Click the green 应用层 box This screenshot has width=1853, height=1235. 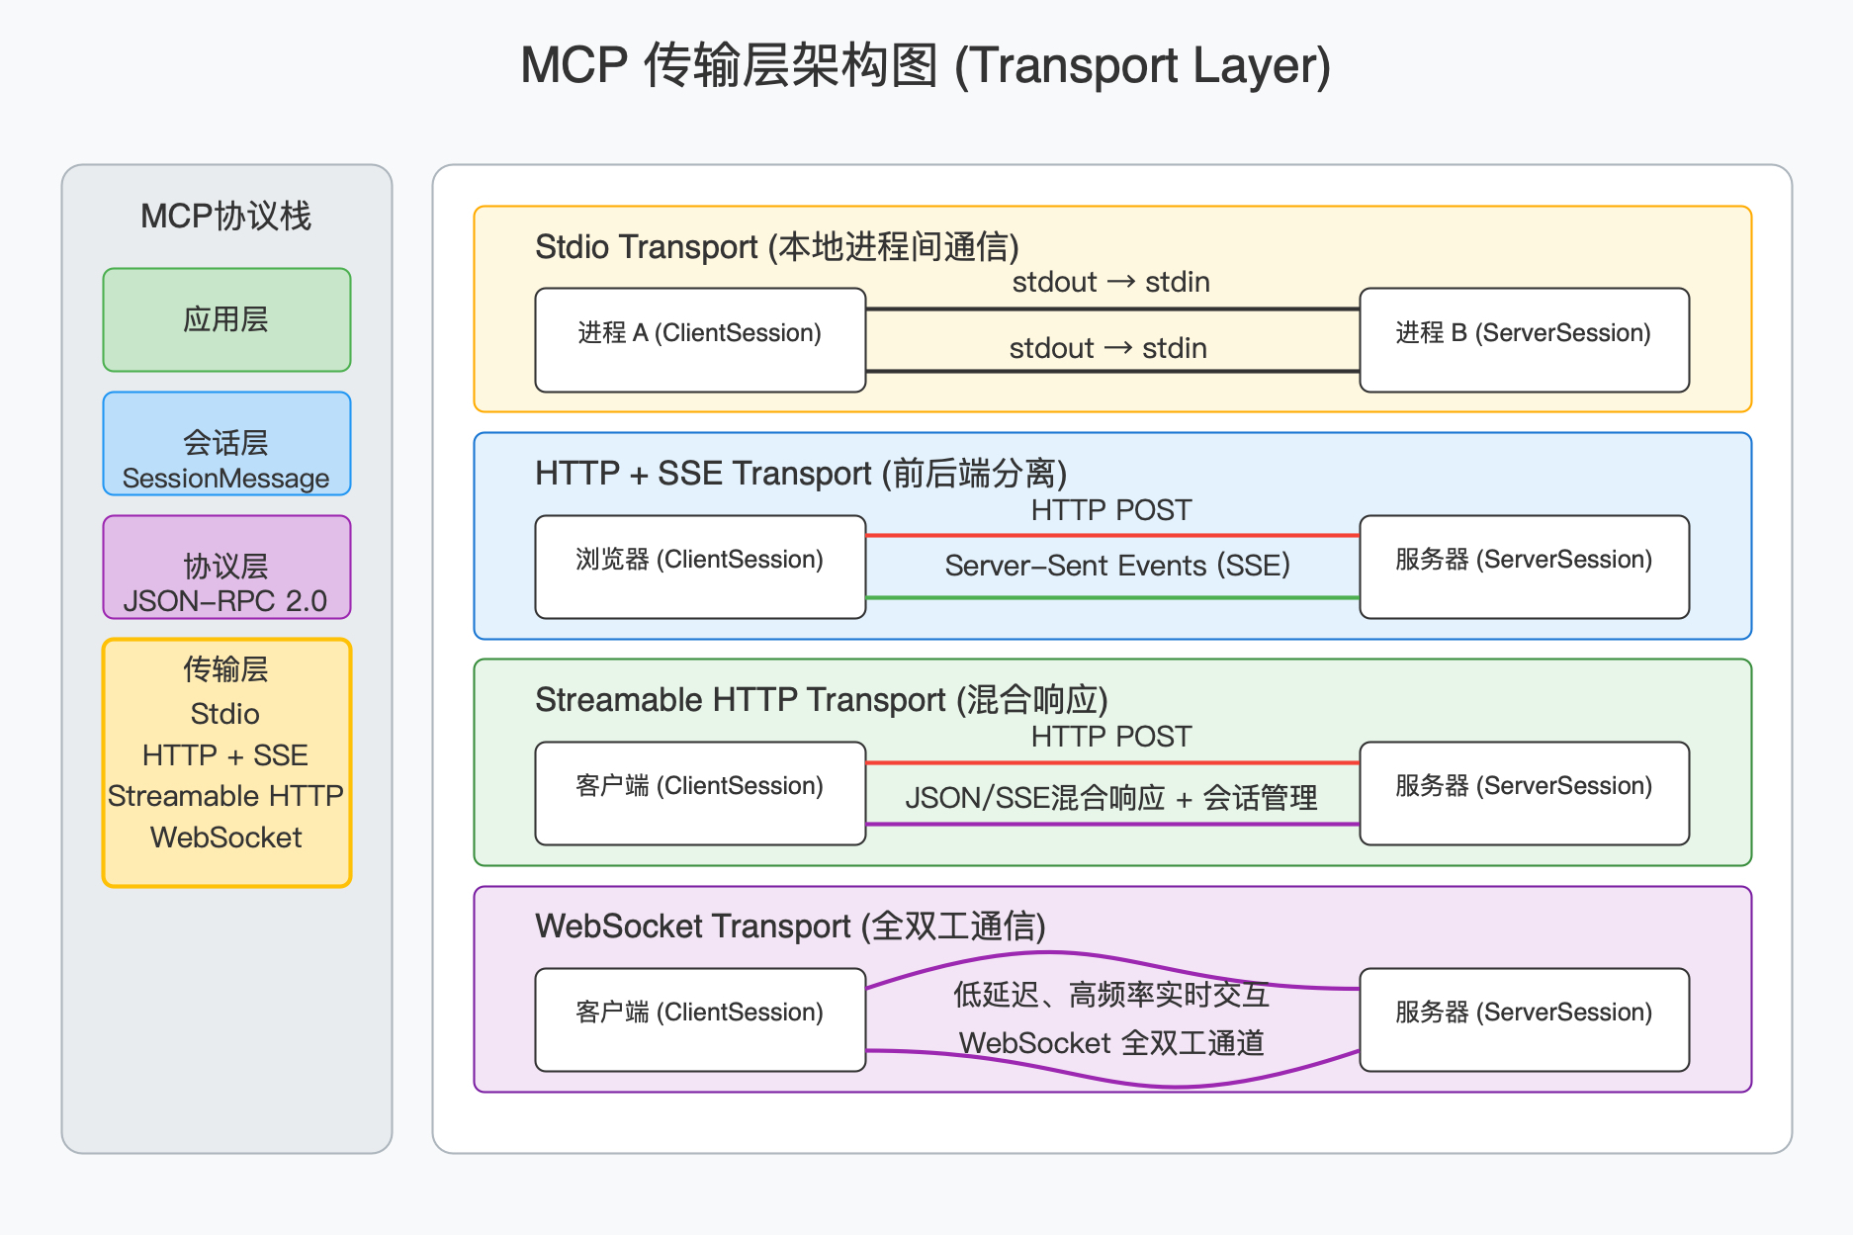click(x=226, y=319)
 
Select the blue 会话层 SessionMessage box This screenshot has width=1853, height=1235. click(x=226, y=444)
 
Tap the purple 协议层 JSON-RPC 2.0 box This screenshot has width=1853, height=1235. click(x=226, y=568)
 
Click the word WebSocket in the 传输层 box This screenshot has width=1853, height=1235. click(x=225, y=838)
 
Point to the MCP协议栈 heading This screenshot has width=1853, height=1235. click(x=225, y=216)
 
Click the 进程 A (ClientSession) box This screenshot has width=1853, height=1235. click(x=700, y=339)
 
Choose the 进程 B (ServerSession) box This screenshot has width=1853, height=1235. click(x=1524, y=339)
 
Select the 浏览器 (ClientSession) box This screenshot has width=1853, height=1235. click(x=700, y=567)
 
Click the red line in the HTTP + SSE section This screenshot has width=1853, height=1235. click(x=1112, y=536)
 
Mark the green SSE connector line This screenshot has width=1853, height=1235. click(x=1112, y=597)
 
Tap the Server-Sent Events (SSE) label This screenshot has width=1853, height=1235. click(x=1117, y=566)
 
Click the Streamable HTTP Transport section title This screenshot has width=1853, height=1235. click(x=821, y=700)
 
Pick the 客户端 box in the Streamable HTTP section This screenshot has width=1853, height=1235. click(x=700, y=793)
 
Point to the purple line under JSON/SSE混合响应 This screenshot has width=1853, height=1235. click(x=1112, y=824)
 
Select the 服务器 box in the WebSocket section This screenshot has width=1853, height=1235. click(x=1524, y=1019)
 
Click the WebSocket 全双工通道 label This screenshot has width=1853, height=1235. click(x=1111, y=1043)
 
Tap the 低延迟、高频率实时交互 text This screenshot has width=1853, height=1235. click(x=1111, y=995)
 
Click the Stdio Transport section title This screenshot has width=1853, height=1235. click(x=776, y=247)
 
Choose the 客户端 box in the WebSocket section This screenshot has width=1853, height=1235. click(x=700, y=1019)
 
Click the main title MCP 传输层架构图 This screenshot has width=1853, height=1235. click(x=926, y=66)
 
